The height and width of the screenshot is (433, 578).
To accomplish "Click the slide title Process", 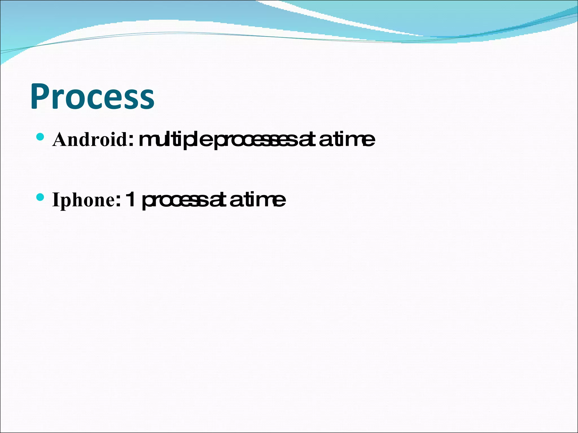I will pyautogui.click(x=92, y=96).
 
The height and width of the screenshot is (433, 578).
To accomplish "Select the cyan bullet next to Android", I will pyautogui.click(x=40, y=137).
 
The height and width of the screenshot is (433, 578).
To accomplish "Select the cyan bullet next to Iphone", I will pyautogui.click(x=40, y=197).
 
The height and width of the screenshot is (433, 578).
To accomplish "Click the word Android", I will pyautogui.click(x=90, y=139).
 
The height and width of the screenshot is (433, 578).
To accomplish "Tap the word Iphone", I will pyautogui.click(x=83, y=200).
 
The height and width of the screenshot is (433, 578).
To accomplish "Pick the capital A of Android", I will pyautogui.click(x=60, y=139).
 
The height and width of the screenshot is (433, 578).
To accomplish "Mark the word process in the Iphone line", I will pyautogui.click(x=175, y=200).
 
